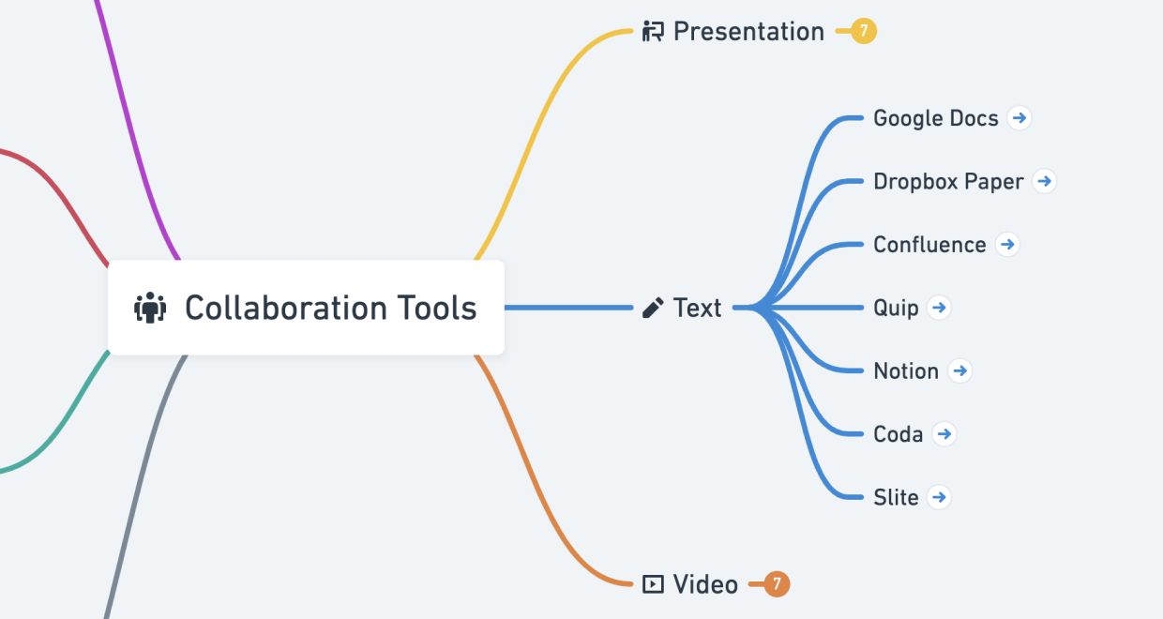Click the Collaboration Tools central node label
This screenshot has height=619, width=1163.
click(330, 308)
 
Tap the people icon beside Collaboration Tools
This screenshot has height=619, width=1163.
click(150, 308)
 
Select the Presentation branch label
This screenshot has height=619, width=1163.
click(748, 32)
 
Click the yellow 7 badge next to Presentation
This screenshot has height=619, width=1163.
click(864, 32)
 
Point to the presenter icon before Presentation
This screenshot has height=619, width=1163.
click(653, 32)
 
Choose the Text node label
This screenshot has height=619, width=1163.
click(697, 308)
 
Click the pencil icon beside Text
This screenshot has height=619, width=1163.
click(653, 308)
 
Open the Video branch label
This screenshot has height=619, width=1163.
click(705, 584)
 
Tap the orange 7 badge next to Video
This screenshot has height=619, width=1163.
click(778, 584)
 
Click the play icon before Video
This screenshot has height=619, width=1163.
click(653, 584)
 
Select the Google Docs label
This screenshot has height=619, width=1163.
click(935, 118)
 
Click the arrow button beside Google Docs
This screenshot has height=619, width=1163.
click(1020, 118)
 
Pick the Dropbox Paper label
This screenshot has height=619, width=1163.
click(948, 181)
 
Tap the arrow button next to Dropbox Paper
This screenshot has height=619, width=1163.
click(1045, 181)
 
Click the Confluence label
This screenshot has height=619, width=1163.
click(929, 245)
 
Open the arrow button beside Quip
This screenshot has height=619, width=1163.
click(940, 308)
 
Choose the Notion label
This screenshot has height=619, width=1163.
click(906, 371)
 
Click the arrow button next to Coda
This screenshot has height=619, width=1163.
click(944, 434)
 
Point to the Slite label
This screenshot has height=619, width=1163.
click(896, 497)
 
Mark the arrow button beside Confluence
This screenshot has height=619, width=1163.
click(1007, 245)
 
